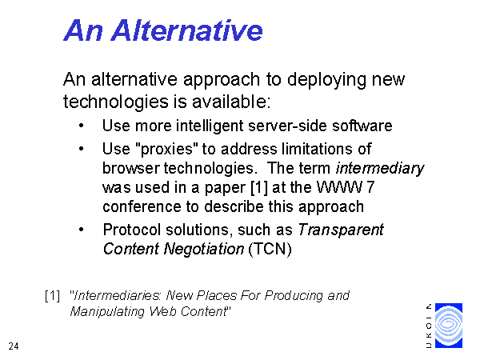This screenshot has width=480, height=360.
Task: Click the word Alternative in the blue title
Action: (x=186, y=30)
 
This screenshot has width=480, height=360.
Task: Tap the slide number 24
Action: (x=14, y=346)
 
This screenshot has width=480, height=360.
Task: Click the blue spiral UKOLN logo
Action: (x=449, y=326)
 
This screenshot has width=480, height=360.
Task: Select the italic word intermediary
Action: (x=379, y=168)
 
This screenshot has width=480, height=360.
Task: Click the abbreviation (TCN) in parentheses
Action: (x=270, y=249)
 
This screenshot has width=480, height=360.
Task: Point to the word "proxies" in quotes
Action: (x=166, y=150)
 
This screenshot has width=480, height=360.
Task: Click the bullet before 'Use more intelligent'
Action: (x=81, y=126)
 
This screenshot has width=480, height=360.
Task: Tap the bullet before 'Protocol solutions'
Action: (x=81, y=230)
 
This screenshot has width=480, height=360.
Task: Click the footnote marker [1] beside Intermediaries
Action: (x=52, y=296)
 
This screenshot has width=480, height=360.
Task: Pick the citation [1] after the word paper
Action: (x=259, y=187)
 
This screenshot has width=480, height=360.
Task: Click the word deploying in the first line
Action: (x=326, y=80)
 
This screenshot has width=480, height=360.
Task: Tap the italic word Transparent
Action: (x=341, y=230)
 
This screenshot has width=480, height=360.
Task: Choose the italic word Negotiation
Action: (x=204, y=249)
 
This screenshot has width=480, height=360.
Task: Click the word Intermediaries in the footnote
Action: (x=118, y=296)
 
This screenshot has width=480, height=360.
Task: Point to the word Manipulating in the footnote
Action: (x=107, y=312)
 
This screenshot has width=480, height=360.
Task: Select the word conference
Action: (x=142, y=206)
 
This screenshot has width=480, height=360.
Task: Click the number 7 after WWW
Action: (x=370, y=187)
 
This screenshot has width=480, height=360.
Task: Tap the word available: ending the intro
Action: (x=231, y=102)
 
